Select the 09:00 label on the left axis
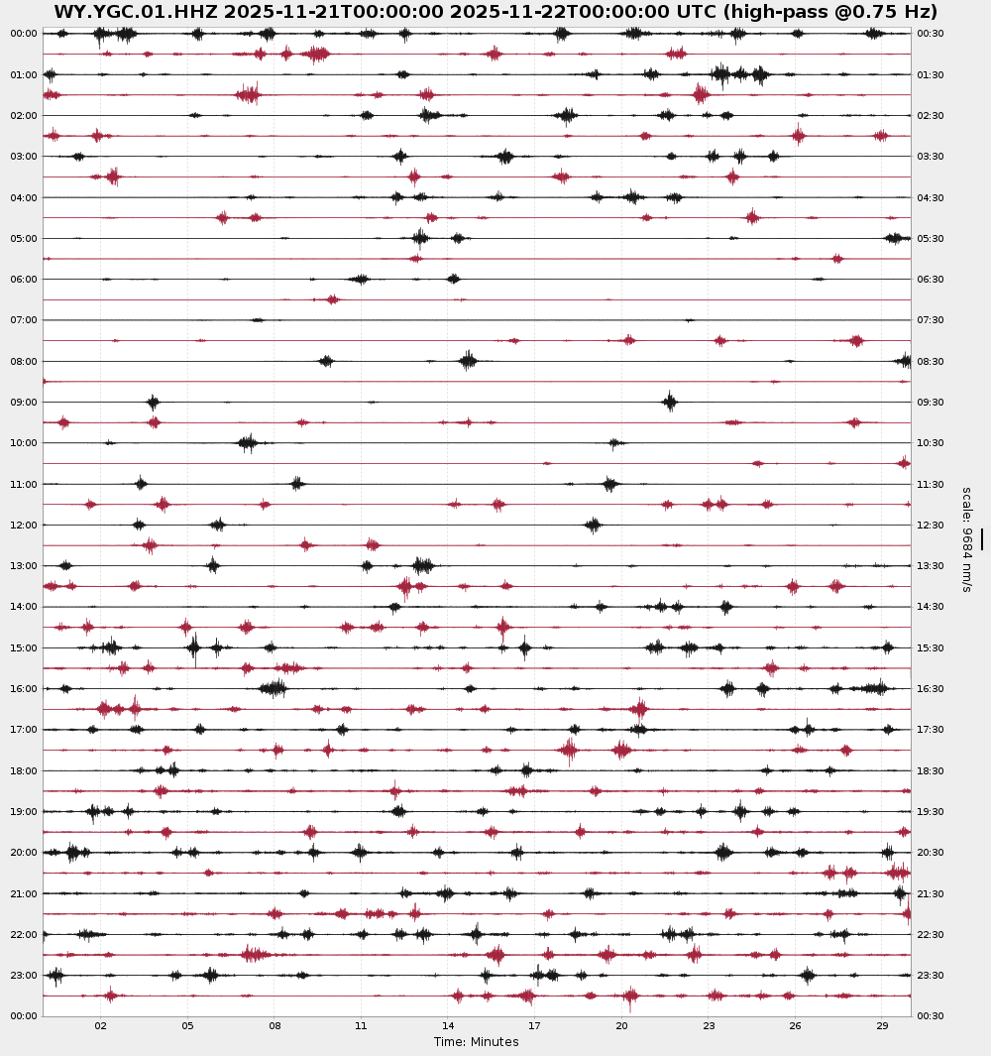pyautogui.click(x=24, y=403)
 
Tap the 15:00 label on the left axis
pyautogui.click(x=24, y=648)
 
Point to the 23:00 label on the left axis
pyautogui.click(x=24, y=976)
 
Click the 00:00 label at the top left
pyautogui.click(x=24, y=34)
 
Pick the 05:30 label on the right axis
pyautogui.click(x=931, y=239)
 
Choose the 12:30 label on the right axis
pyautogui.click(x=931, y=526)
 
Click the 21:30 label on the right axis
pyautogui.click(x=931, y=893)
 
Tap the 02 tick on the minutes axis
pyautogui.click(x=100, y=1026)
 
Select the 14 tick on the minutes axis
pyautogui.click(x=448, y=1026)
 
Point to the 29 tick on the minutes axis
pyautogui.click(x=882, y=1026)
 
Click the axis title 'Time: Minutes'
pyautogui.click(x=476, y=1042)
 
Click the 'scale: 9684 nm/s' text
pyautogui.click(x=966, y=539)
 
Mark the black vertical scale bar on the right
pyautogui.click(x=982, y=539)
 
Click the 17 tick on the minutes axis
pyautogui.click(x=534, y=1026)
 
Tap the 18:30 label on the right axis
pyautogui.click(x=931, y=771)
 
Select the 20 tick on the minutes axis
pyautogui.click(x=621, y=1026)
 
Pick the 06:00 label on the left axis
pyautogui.click(x=24, y=280)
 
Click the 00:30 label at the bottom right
pyautogui.click(x=931, y=1016)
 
